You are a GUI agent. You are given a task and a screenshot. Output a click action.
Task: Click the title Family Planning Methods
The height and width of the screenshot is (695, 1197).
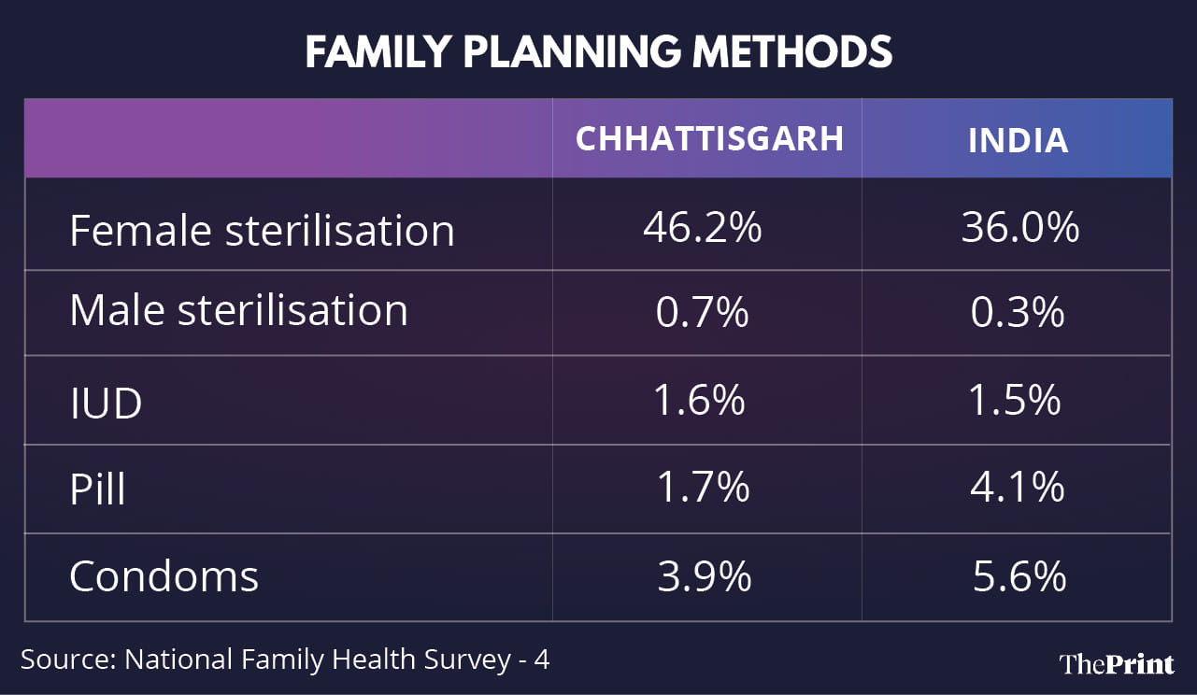tap(598, 53)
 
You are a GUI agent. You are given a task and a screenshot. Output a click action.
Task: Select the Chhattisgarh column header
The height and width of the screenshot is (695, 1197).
tap(709, 138)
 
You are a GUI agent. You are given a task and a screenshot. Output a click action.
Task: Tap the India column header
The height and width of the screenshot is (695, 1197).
tap(1018, 140)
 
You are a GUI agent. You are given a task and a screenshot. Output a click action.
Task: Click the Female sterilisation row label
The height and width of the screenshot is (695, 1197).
tap(262, 230)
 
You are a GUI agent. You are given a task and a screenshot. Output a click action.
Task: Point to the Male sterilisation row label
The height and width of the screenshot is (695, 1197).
tap(238, 310)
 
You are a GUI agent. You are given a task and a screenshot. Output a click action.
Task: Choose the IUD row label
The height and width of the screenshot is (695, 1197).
tap(106, 404)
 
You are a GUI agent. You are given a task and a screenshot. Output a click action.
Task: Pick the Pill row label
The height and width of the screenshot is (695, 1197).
tap(97, 489)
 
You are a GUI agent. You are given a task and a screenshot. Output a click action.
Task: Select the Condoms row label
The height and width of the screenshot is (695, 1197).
tap(164, 576)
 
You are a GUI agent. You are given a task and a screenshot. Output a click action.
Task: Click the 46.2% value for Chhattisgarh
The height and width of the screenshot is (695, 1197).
tap(702, 228)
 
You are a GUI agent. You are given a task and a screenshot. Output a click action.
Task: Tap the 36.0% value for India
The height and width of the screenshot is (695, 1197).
tap(1019, 228)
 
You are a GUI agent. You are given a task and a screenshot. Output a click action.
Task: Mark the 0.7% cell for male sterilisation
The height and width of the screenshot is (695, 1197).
tap(702, 312)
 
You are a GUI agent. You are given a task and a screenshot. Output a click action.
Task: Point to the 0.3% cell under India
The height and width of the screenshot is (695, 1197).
tap(1017, 312)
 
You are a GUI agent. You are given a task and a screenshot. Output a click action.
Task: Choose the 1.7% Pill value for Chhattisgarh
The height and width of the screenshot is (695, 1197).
tap(702, 487)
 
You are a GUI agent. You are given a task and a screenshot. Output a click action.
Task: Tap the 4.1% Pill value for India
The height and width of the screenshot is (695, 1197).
tap(1017, 487)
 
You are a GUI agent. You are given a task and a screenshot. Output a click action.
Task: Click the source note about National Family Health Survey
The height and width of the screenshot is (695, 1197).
tap(285, 660)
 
